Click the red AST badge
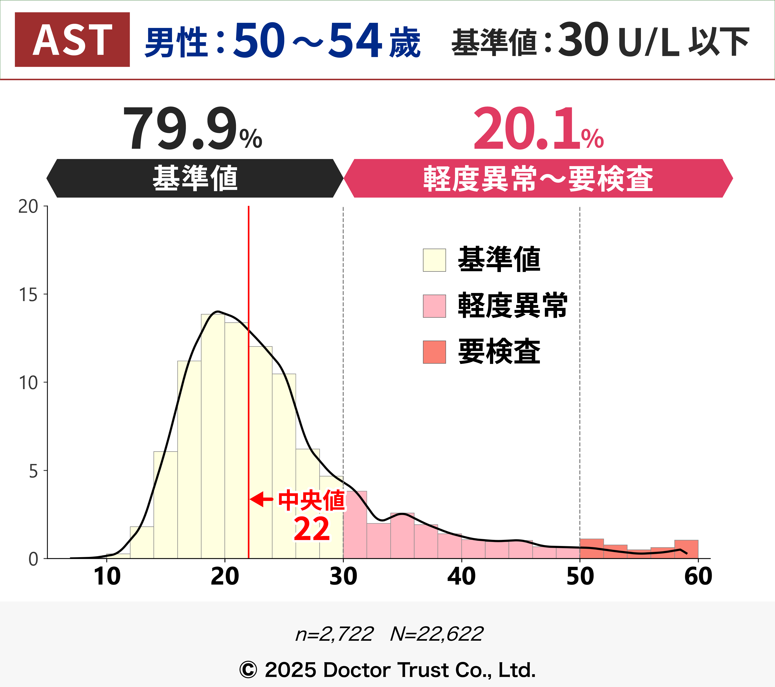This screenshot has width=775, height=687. point(72,39)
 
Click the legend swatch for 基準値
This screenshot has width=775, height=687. point(434,260)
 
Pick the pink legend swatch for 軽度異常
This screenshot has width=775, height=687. point(434,306)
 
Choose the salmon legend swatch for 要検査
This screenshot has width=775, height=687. point(434,352)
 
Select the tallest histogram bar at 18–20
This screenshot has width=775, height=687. point(213,437)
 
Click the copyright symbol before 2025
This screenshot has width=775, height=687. point(248,670)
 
